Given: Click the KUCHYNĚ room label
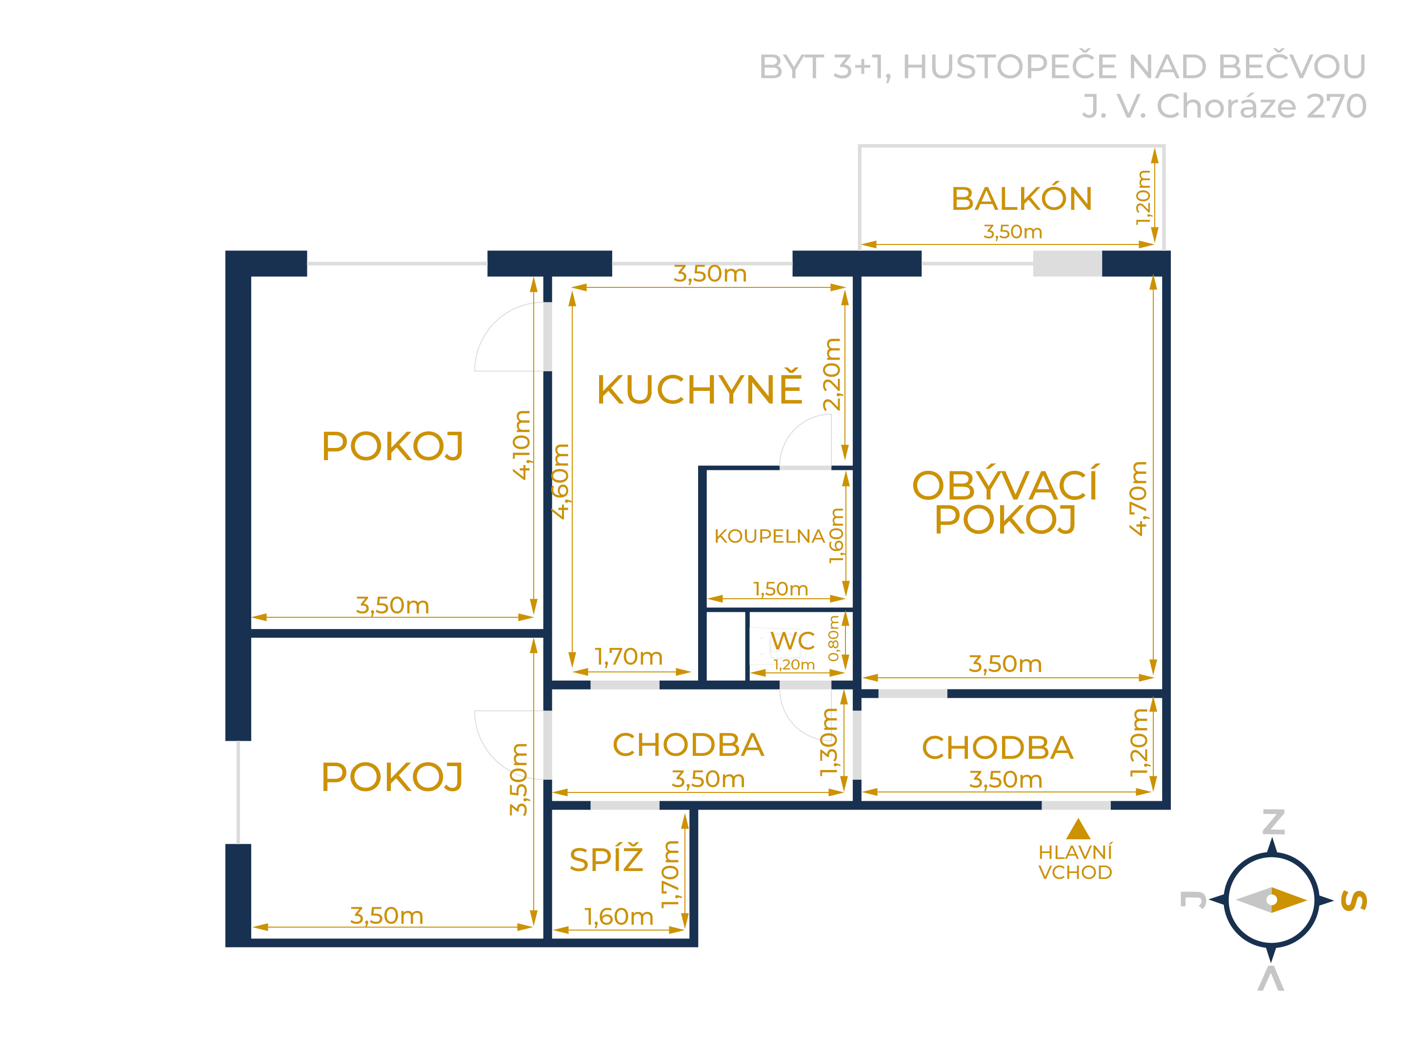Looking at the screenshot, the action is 699,389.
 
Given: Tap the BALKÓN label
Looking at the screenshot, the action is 1022,199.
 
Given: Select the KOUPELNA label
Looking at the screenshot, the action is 769,536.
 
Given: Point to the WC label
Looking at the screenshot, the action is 793,641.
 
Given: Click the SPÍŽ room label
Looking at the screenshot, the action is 606,860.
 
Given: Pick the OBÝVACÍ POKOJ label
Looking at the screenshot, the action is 1005,502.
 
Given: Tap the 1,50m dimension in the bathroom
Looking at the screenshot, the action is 781,589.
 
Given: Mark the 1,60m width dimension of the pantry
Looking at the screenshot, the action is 619,917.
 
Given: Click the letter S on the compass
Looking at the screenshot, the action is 1354,900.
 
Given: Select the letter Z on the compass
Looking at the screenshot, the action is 1273,822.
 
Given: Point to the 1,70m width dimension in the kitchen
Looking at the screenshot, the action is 628,657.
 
